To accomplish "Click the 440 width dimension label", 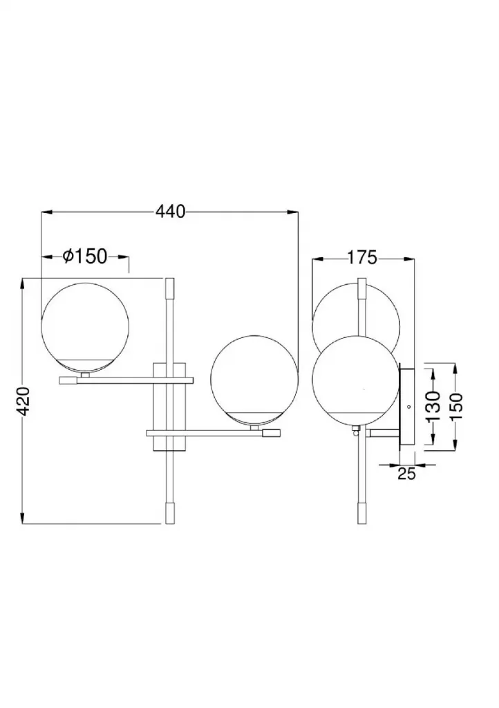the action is coord(171,212).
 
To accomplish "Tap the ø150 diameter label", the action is coord(85,257).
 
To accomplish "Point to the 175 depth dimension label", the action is coord(362,258).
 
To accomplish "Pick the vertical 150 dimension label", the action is coord(456,406).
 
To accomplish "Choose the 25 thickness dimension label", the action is coord(406,474).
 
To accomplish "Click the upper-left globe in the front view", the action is coord(85,327).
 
